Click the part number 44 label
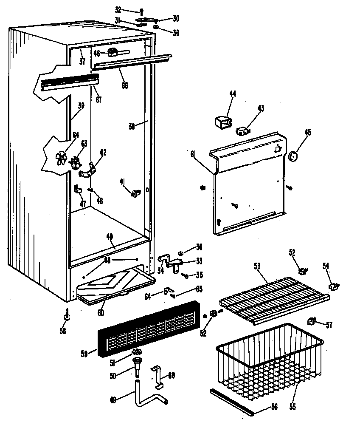pos(233,94)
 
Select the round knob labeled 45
pos(292,156)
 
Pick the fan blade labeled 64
pos(62,158)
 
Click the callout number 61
pos(193,155)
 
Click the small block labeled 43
pos(243,130)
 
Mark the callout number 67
pos(98,100)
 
